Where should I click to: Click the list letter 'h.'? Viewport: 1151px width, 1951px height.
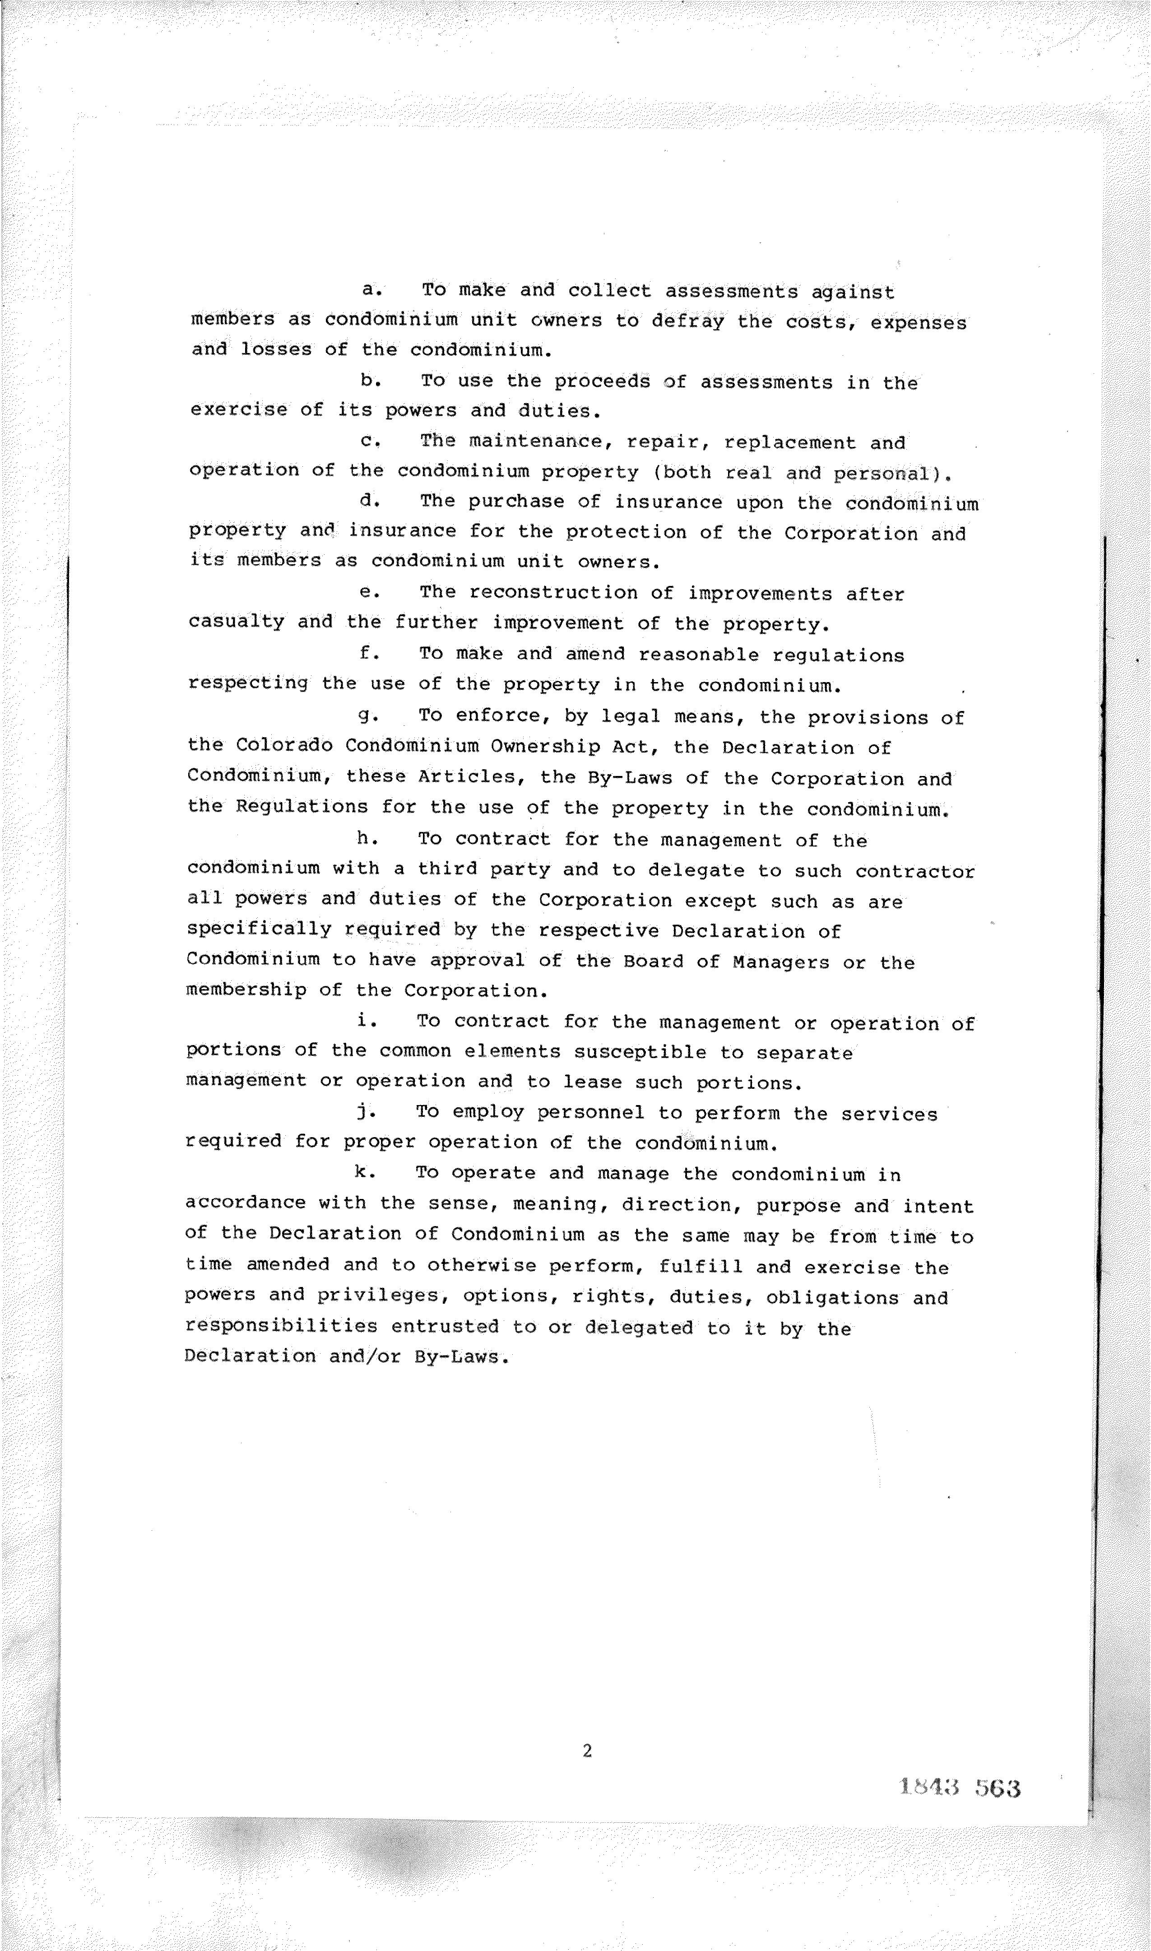pyautogui.click(x=366, y=838)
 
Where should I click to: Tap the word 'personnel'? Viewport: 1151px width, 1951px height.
pyautogui.click(x=591, y=1113)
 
